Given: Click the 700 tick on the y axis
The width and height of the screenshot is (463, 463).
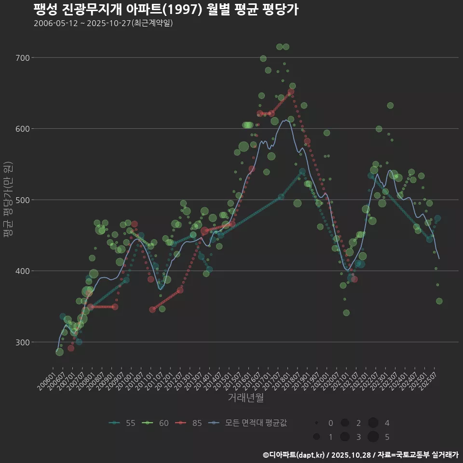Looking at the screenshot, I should coord(23,58).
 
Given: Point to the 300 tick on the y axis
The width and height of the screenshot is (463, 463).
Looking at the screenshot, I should coord(23,342).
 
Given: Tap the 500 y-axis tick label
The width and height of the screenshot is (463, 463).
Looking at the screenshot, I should coord(23,200).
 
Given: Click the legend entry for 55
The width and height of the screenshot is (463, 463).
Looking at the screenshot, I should coord(123,423).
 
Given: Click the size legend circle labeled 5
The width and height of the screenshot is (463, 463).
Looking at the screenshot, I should coord(372,437).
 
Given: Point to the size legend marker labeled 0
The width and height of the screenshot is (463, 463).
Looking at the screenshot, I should coord(316,423).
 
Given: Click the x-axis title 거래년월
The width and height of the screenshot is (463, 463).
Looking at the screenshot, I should coord(245,398).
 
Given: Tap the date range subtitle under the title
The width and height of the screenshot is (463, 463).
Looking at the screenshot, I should coord(103,24).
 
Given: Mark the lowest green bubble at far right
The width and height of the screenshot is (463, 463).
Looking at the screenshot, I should coord(439,301).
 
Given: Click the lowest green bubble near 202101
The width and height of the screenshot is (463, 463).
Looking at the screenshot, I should coord(346,313).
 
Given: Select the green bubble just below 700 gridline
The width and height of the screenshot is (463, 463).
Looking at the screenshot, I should coord(263,59).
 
